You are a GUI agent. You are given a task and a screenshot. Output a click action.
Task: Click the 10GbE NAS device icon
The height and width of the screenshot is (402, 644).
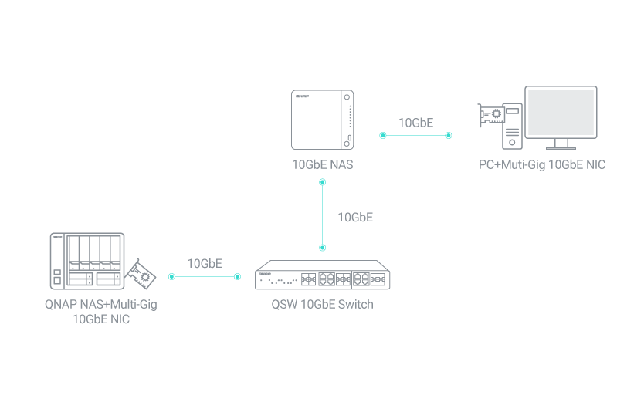pyautogui.click(x=323, y=120)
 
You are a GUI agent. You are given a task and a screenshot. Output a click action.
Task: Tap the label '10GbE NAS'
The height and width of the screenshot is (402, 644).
pyautogui.click(x=323, y=164)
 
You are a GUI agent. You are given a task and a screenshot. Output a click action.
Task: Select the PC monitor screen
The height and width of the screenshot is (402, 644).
pyautogui.click(x=561, y=113)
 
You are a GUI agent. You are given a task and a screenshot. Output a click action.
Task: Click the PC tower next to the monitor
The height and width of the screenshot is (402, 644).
pyautogui.click(x=512, y=126)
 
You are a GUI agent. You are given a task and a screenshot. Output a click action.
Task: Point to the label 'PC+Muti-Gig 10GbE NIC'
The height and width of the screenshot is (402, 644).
pyautogui.click(x=542, y=164)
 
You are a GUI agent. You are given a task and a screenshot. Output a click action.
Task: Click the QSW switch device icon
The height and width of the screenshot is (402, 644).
pyautogui.click(x=323, y=275)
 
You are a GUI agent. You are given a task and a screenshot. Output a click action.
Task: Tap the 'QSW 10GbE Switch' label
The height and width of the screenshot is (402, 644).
pyautogui.click(x=322, y=304)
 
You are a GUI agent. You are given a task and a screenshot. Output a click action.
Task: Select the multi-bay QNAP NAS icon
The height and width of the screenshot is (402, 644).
pyautogui.click(x=87, y=262)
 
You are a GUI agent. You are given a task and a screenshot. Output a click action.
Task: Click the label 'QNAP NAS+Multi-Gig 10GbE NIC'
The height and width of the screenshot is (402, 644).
pyautogui.click(x=100, y=311)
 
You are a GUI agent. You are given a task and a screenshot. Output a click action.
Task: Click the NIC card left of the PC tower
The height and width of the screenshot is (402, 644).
pyautogui.click(x=491, y=116)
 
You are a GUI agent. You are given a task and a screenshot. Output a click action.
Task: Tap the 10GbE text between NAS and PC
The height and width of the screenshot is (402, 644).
pyautogui.click(x=415, y=123)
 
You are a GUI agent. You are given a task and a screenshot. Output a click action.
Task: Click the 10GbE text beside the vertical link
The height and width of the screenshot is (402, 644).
pyautogui.click(x=355, y=217)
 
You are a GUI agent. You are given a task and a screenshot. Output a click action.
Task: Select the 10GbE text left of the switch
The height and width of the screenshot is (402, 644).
pyautogui.click(x=205, y=263)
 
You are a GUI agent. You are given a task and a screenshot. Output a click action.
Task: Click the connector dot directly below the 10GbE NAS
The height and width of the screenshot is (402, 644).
pyautogui.click(x=323, y=183)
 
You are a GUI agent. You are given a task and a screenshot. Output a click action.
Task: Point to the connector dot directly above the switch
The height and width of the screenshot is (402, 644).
pyautogui.click(x=323, y=248)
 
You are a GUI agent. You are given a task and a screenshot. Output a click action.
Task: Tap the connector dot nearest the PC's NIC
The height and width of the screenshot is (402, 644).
pyautogui.click(x=449, y=135)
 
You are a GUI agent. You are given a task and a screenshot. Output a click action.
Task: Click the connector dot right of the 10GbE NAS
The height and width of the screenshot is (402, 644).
pyautogui.click(x=382, y=135)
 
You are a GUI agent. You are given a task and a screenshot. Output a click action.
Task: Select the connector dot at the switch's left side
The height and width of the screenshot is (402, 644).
pyautogui.click(x=238, y=275)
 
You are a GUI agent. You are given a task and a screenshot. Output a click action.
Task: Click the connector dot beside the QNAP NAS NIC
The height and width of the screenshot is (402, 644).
pyautogui.click(x=171, y=275)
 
